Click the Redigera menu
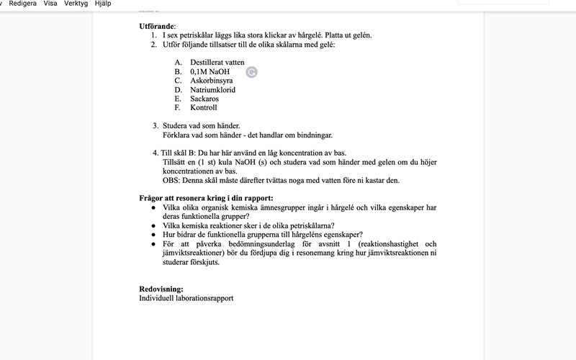[24, 4]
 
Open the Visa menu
[50, 4]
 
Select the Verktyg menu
[76, 4]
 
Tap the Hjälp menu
[103, 4]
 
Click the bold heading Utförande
[157, 26]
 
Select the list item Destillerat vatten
[217, 63]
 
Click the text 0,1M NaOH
[210, 72]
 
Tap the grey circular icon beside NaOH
[251, 71]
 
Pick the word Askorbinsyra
[211, 81]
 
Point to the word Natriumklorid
[213, 90]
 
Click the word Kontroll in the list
[204, 108]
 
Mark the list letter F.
[177, 108]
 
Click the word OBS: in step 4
[171, 180]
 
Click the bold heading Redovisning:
[161, 289]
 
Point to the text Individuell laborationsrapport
[186, 298]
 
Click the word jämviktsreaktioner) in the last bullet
[195, 253]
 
